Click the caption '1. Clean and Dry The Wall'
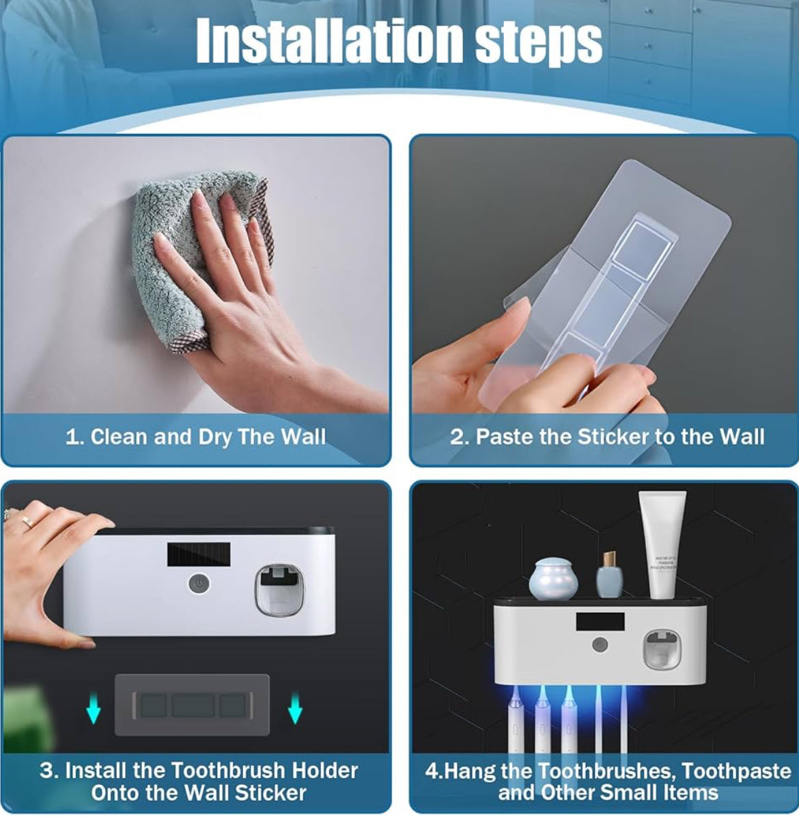click(x=195, y=437)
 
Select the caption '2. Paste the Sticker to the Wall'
click(x=606, y=437)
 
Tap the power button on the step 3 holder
click(x=198, y=584)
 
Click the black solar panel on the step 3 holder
click(x=198, y=554)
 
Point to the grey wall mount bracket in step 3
click(x=192, y=704)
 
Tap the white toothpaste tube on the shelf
click(x=662, y=543)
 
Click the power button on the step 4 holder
click(x=600, y=644)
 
